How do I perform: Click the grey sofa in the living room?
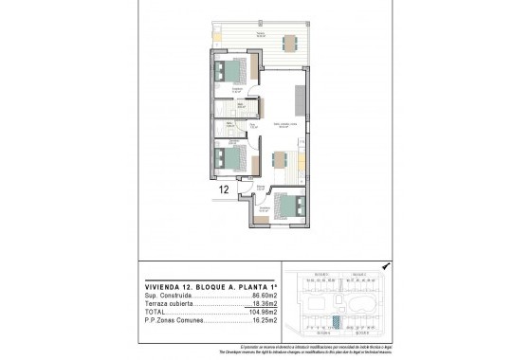tap(300, 97)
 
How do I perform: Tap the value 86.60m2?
tap(261, 296)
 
